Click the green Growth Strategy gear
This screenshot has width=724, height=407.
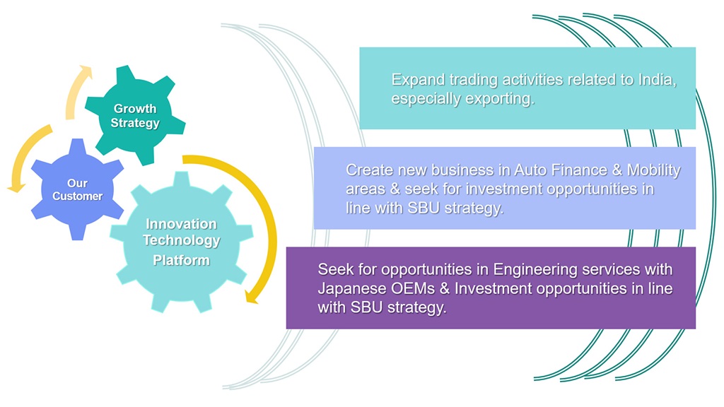135,115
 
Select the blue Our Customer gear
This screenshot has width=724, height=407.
77,189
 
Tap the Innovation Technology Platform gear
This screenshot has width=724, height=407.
182,242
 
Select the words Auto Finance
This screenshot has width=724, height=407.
561,170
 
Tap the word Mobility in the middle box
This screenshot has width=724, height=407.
653,171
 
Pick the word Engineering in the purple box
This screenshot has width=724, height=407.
535,270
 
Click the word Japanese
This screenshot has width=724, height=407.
352,289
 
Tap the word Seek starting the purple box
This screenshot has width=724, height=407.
336,269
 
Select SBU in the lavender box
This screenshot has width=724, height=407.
423,208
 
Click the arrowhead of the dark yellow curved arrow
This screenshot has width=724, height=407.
251,295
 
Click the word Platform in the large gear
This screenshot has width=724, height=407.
182,260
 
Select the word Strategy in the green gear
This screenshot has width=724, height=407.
135,124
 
